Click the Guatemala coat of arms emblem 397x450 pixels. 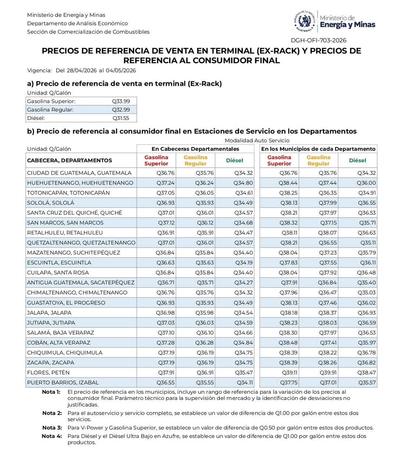[305, 22]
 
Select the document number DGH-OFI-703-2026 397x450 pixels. [318, 40]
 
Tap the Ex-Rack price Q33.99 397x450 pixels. [121, 101]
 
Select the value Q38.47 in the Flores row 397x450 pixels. [366, 372]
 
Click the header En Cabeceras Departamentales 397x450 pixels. [195, 149]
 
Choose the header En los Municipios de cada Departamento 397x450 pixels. [318, 149]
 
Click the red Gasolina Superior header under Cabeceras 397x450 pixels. [156, 160]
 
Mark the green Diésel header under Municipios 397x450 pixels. [358, 160]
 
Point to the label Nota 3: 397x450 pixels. [52, 428]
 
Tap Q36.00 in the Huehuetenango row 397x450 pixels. [366, 183]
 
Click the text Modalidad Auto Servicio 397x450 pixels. [257, 140]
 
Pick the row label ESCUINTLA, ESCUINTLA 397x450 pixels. [59, 262]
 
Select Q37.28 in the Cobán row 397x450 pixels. [166, 343]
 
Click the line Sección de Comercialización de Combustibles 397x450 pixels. [88, 32]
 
